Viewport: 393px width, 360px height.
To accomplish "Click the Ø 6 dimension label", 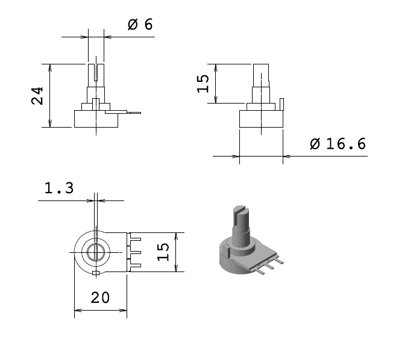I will tap(140, 25).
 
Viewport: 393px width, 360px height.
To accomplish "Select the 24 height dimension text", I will tap(38, 96).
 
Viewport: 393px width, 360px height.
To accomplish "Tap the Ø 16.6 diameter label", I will tap(338, 144).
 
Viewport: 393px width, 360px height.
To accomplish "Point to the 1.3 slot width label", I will tap(59, 188).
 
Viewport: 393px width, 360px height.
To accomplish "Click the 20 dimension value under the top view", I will tap(100, 297).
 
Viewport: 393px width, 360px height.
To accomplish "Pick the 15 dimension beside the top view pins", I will tap(163, 252).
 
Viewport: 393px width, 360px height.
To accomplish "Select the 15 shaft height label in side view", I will tap(204, 83).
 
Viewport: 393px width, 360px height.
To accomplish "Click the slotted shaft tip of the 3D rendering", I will tap(239, 211).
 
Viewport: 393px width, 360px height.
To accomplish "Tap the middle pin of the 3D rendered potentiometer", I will tap(270, 264).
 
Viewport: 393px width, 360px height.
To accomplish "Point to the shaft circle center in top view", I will tap(95, 252).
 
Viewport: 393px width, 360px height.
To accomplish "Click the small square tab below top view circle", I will tap(95, 274).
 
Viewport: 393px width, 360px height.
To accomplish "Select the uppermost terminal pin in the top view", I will tap(136, 239).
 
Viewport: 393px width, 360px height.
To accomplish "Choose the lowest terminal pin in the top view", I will tap(136, 265).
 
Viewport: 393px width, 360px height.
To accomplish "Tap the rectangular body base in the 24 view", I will tap(96, 119).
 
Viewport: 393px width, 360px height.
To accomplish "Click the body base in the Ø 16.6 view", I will tap(261, 119).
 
